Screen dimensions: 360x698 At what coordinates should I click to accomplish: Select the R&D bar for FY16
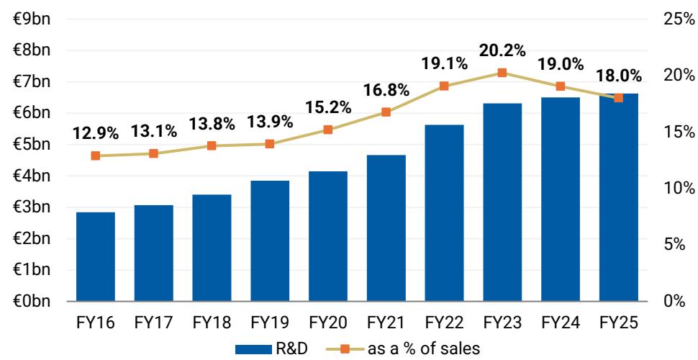click(x=96, y=256)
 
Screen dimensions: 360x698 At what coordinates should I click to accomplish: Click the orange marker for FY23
click(x=502, y=73)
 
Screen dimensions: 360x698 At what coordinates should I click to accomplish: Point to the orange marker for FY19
click(x=270, y=144)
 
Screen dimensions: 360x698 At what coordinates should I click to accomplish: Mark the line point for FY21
click(x=386, y=112)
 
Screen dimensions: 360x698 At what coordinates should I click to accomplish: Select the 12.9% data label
click(x=96, y=133)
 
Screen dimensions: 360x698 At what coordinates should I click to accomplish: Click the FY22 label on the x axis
click(x=444, y=323)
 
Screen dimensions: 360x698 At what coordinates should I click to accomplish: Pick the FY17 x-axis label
click(x=154, y=323)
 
